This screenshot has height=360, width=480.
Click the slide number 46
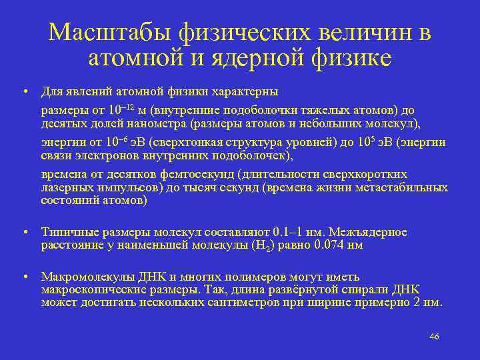pos(434,337)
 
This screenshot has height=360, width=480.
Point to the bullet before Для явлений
pos(23,91)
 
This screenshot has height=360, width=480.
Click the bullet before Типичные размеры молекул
pos(23,233)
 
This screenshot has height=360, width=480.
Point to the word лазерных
pos(65,187)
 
